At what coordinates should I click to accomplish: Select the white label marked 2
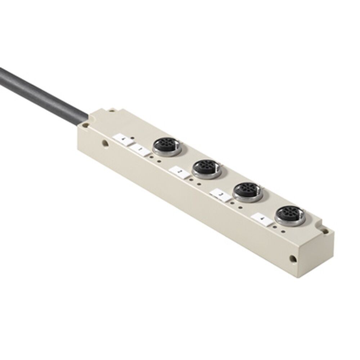pyautogui.click(x=179, y=172)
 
